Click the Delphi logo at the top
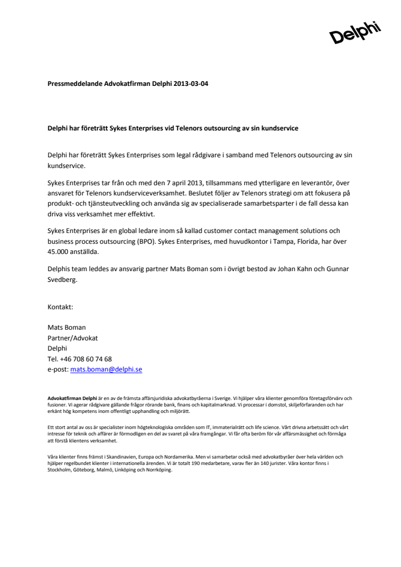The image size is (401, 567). (x=354, y=33)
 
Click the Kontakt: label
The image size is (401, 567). (x=60, y=307)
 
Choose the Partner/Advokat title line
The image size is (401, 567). (x=73, y=338)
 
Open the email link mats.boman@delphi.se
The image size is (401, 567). (x=106, y=369)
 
